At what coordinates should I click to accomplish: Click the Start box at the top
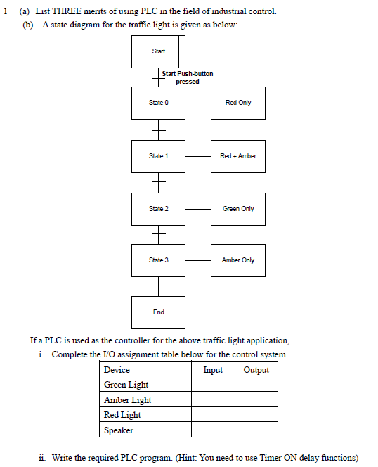pos(158,51)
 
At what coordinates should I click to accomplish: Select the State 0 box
pos(158,103)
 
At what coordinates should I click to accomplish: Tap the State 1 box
pos(158,155)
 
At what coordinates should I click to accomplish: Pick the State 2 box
pos(158,208)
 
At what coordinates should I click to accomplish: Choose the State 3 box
pos(158,260)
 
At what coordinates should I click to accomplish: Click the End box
pos(158,312)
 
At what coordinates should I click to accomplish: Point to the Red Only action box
pos(238,103)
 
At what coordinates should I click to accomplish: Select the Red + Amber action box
pos(238,155)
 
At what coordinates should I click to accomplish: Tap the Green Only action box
pos(238,208)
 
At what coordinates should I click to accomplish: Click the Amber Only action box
pos(238,260)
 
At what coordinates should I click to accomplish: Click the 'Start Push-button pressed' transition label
pos(187,77)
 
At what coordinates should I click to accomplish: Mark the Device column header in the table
pos(117,370)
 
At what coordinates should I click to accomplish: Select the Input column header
pos(213,370)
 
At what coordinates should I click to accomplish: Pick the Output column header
pos(256,370)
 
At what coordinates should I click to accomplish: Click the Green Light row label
pos(126,385)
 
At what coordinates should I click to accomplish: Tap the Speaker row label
pos(119,430)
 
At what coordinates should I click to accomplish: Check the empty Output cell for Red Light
pos(256,414)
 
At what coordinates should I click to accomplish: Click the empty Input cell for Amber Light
pos(213,399)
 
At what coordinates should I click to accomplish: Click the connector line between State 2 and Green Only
pos(198,208)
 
